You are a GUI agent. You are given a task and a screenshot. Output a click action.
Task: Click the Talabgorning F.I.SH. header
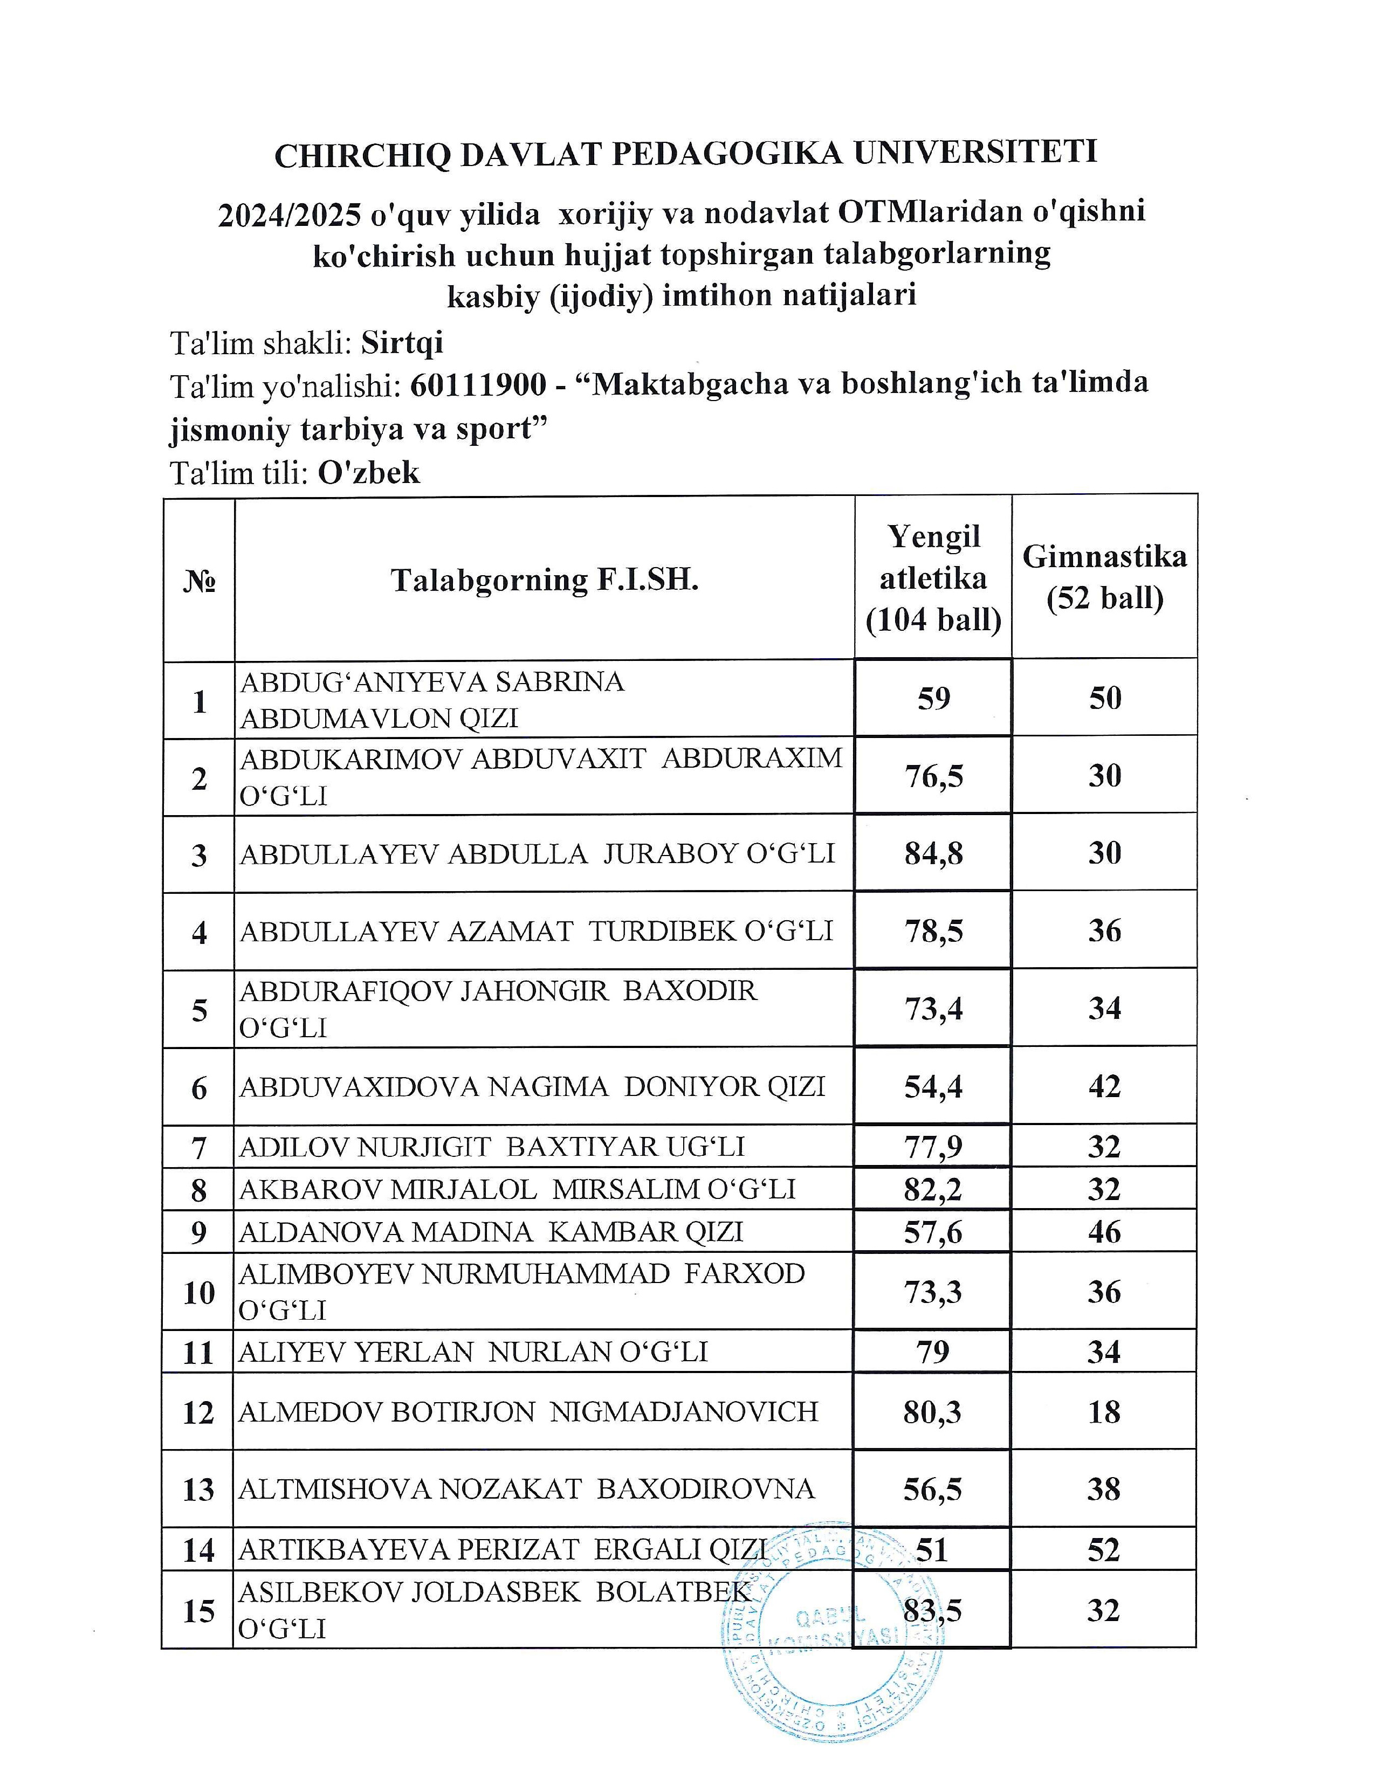544,580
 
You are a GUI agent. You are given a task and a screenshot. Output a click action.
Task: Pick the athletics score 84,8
933,853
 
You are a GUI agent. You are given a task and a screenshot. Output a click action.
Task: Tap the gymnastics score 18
1104,1412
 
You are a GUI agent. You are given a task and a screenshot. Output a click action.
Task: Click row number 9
199,1232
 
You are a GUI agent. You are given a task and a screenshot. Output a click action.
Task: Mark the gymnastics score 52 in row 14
1104,1549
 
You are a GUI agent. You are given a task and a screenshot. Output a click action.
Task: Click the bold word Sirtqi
402,343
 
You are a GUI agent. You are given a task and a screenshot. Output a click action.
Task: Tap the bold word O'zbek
369,472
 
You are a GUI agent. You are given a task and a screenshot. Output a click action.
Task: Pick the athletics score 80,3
933,1412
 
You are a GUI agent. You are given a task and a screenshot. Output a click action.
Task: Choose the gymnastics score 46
1104,1232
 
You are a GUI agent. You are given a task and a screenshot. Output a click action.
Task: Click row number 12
199,1412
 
